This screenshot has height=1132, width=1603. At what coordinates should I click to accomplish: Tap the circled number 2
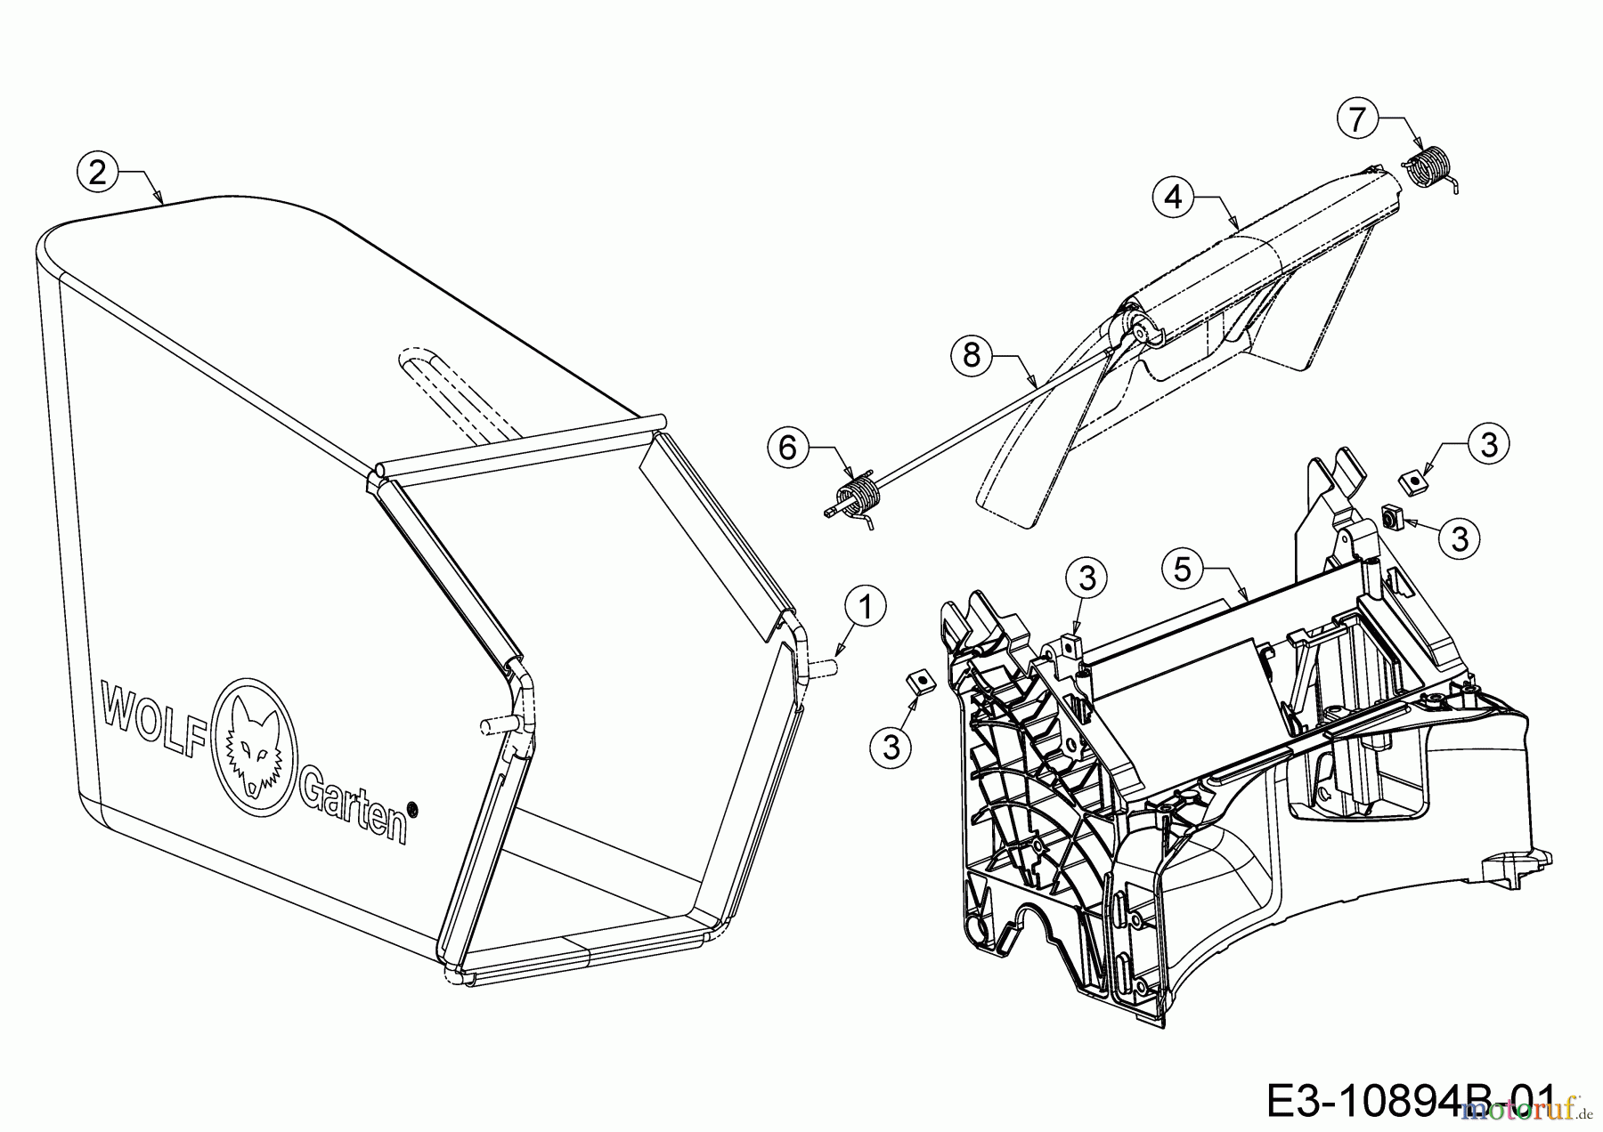(97, 172)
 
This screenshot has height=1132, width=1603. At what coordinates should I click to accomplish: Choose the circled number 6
(788, 448)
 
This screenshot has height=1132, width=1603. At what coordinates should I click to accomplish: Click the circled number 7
(1357, 119)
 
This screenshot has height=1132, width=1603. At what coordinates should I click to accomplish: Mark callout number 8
(972, 356)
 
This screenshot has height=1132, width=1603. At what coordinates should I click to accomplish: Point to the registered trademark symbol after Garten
(412, 809)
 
